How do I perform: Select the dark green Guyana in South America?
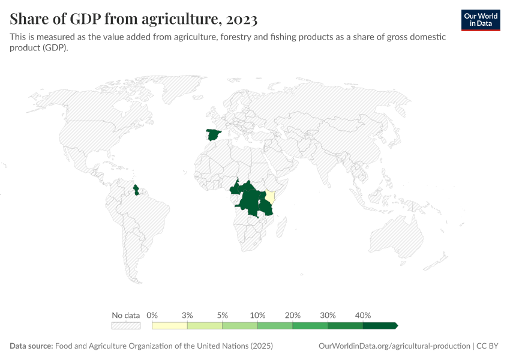pos(136,190)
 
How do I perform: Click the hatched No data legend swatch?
pos(126,326)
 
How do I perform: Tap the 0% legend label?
pos(152,315)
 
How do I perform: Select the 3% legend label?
pos(187,315)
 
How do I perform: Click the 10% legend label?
pos(257,315)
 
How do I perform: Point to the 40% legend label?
pos(363,315)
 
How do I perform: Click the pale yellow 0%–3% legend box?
pos(170,326)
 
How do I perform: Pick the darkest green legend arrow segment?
pos(380,326)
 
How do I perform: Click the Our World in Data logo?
pos(481,20)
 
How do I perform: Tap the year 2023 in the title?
pos(242,19)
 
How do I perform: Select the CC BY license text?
pos(488,346)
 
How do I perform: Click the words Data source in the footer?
pos(31,346)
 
